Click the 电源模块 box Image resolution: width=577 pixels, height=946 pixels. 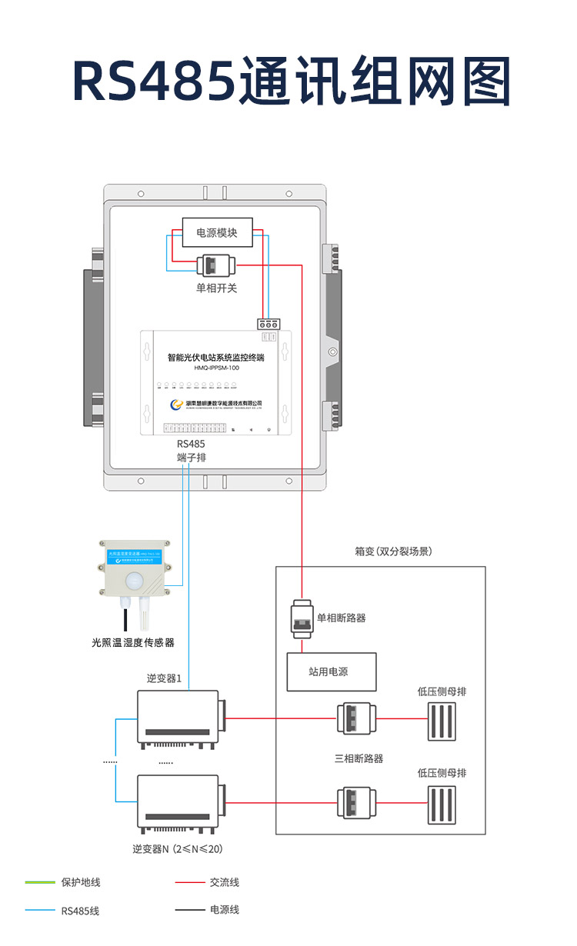pos(217,233)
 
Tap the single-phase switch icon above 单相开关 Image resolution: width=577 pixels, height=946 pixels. pos(216,265)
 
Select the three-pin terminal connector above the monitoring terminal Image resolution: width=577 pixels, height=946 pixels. pos(267,325)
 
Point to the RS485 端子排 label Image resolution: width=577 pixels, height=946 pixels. pos(191,451)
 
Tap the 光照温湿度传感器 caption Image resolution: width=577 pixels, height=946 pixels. pos(132,642)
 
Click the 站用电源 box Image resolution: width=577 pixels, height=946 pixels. pos(332,671)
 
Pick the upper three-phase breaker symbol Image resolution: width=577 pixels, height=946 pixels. pos(355,719)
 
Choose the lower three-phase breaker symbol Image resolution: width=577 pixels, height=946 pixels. pos(355,803)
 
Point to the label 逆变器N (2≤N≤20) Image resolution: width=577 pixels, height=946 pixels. pos(177,849)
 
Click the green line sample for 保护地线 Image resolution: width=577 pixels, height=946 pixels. pos(40,882)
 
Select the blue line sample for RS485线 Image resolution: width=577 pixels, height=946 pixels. pos(40,911)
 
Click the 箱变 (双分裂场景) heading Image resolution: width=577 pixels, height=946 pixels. pos(392,551)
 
